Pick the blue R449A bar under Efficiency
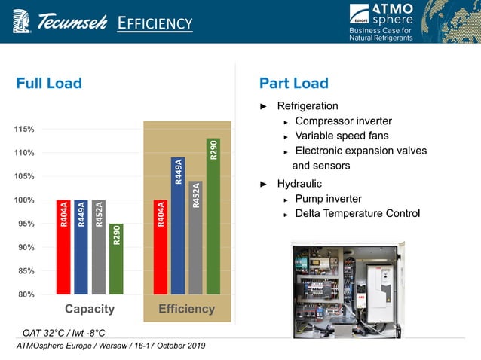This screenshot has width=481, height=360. pos(178,226)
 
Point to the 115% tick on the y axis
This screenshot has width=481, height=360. pos(24,130)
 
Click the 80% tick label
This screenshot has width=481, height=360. pos(26,294)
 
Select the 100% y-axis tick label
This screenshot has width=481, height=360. pos(24,200)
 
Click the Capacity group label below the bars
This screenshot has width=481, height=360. pos(90,309)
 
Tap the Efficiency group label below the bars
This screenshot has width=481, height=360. pos(186,309)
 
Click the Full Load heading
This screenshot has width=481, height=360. pos(49,84)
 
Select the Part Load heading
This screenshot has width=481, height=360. pos(293,84)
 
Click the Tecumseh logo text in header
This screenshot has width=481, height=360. pos(72,23)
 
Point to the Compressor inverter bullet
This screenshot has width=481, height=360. pos(343,121)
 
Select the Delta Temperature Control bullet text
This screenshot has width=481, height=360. pos(357,214)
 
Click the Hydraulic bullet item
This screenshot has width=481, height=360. pos(299,183)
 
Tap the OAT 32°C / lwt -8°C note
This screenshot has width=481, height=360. pos(63,332)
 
